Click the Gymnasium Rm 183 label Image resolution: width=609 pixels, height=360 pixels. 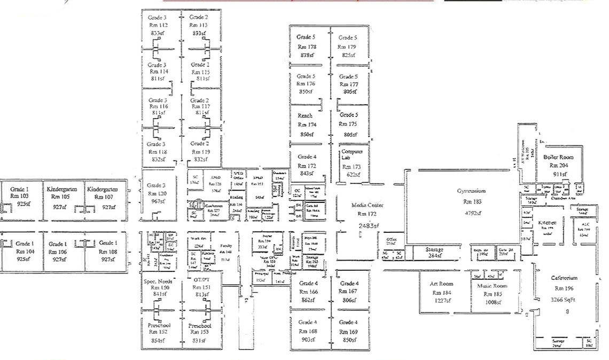pyautogui.click(x=471, y=196)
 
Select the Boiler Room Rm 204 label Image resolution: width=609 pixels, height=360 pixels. pyautogui.click(x=558, y=161)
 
